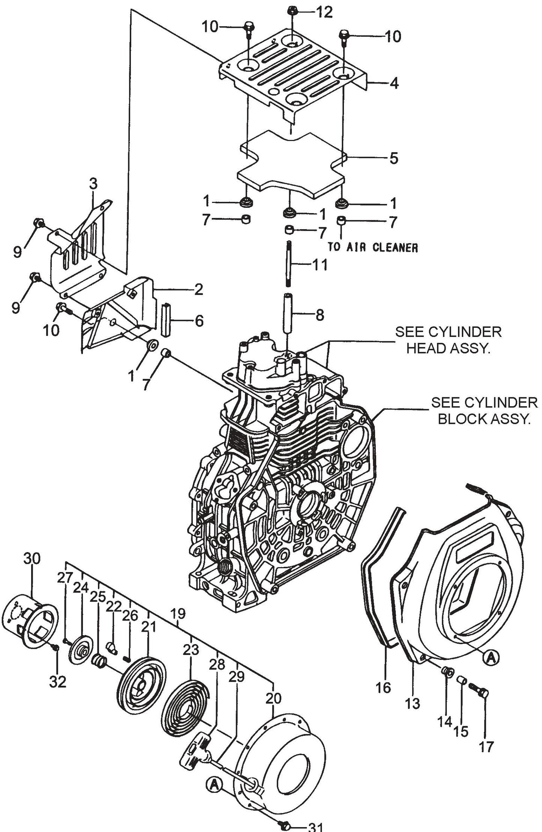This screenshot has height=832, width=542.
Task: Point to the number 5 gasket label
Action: pos(393,158)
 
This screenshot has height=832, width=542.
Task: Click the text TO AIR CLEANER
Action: pos(372,248)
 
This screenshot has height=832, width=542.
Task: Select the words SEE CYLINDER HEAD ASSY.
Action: pos(448,340)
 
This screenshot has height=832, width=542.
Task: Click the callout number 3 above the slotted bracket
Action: pos(93,184)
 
